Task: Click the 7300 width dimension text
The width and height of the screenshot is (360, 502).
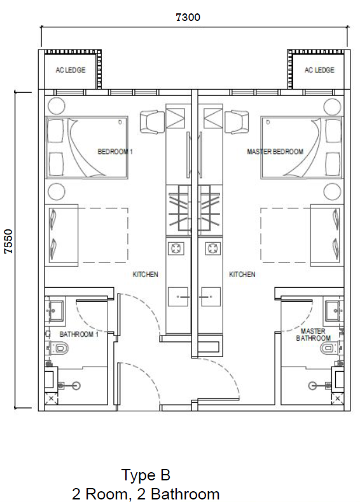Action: tap(188, 17)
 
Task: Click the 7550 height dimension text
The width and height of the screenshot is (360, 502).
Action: tap(8, 241)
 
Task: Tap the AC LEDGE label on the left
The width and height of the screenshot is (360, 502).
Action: tap(71, 70)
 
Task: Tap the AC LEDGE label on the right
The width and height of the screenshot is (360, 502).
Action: tap(319, 70)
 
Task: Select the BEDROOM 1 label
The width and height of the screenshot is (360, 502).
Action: tap(115, 151)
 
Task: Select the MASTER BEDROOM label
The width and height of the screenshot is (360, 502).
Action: tap(275, 151)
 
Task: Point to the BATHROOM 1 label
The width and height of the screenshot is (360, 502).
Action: tap(79, 334)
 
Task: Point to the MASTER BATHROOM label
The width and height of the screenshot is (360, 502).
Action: tap(313, 334)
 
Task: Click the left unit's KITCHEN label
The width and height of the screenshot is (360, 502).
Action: tap(145, 275)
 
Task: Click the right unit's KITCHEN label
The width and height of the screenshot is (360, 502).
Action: tap(242, 275)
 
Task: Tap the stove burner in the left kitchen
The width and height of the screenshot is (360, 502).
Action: tap(176, 248)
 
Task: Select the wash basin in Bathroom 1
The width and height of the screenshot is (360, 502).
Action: tap(56, 311)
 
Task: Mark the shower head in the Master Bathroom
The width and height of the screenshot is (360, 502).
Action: tap(312, 386)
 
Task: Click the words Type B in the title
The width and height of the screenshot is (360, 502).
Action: tap(146, 475)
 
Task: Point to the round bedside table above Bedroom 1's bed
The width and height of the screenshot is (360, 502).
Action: tap(57, 106)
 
